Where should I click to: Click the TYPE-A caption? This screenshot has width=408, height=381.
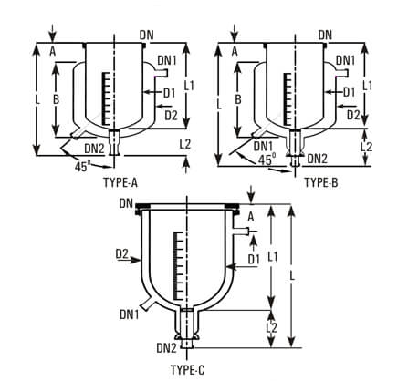point(121,182)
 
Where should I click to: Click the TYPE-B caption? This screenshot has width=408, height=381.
point(320,182)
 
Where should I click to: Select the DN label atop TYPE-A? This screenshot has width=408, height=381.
point(146,35)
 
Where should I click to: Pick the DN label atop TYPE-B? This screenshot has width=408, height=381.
point(326,35)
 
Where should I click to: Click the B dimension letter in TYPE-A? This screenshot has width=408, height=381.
point(56,98)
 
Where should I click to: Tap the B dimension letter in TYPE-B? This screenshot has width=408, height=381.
point(237,98)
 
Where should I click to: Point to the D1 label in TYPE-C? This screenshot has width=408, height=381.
point(255,259)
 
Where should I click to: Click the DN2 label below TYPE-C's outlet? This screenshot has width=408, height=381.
point(166,347)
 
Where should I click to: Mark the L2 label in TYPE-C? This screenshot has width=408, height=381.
point(271,326)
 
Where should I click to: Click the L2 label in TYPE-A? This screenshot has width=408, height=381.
point(185,144)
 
